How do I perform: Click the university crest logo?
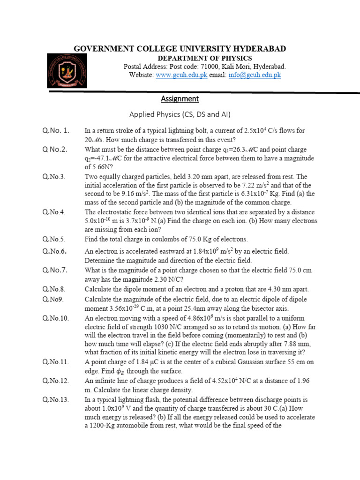coord(67,70)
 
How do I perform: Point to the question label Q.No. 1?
coord(56,130)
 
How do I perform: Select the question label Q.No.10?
coord(56,318)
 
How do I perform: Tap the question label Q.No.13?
coord(56,399)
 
